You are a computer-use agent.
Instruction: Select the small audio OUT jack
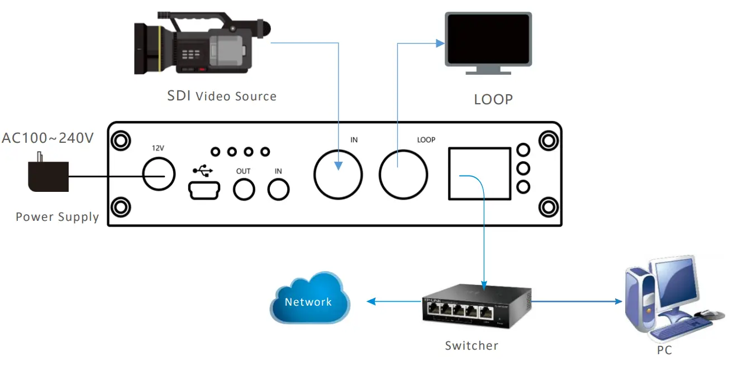[244, 190]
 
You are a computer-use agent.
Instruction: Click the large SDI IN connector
[337, 174]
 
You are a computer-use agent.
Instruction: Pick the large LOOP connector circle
[403, 174]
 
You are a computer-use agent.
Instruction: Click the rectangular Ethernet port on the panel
[479, 173]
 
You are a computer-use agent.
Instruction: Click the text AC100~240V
[47, 138]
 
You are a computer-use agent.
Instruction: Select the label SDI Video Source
[222, 96]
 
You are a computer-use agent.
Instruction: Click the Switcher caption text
[471, 346]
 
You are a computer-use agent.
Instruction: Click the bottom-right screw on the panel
[548, 207]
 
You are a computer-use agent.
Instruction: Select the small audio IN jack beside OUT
[278, 190]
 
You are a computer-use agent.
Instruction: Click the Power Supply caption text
[57, 217]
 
